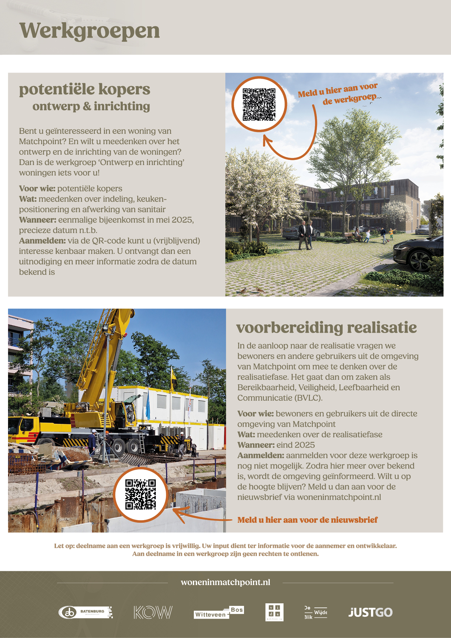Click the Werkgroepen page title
pos(89,31)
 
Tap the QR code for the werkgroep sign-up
pos(259,104)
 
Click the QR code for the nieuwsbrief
pos(140,494)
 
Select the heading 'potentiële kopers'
pos(85,89)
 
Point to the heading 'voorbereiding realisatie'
pos(326,328)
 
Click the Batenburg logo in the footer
pos(86,612)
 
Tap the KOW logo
pos(153,612)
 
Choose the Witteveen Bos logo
pos(219,612)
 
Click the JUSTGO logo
pos(370,612)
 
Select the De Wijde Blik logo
pos(316,612)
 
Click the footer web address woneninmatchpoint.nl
pos(225,582)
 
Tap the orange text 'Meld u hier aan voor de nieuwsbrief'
pos(307,520)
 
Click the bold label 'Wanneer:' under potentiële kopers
pos(38,220)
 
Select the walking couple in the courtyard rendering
pos(306,235)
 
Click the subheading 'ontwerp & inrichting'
pos(91,106)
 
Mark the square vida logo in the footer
pos(274,612)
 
